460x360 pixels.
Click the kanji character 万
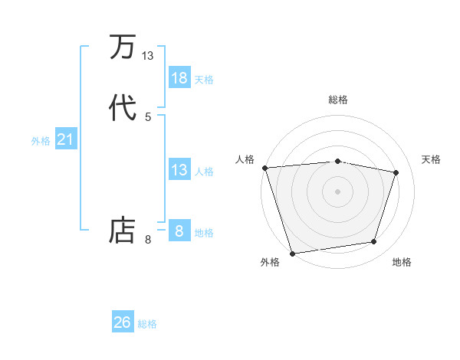[123, 47]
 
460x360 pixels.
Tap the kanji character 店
[123, 230]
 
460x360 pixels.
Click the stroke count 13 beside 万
[148, 56]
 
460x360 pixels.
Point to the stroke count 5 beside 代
[148, 116]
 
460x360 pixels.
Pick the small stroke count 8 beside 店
[148, 240]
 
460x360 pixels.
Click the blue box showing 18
[179, 78]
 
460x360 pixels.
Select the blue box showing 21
[65, 139]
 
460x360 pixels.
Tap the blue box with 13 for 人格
[179, 170]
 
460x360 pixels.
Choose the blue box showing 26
[123, 322]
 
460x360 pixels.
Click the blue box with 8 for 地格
[179, 231]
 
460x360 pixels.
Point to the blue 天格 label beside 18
[204, 80]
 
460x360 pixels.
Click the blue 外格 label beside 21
[41, 141]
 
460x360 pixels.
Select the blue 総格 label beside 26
[147, 324]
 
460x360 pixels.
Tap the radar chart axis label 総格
[338, 100]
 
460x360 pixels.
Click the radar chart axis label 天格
[432, 159]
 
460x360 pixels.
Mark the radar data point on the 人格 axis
[264, 168]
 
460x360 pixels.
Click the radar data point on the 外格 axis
[292, 253]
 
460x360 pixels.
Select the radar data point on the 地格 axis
[374, 242]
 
